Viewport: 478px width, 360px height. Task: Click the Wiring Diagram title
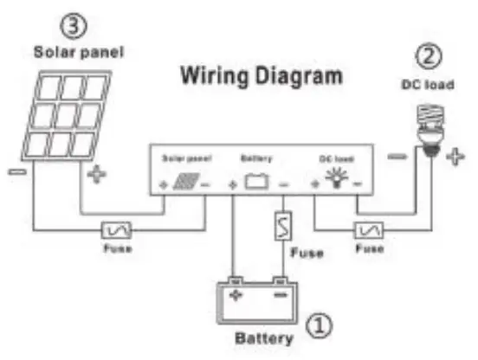pos(261,76)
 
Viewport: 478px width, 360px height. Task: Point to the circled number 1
pos(320,326)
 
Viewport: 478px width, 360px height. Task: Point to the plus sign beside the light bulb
pos(456,157)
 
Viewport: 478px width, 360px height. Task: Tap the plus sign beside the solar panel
pos(96,177)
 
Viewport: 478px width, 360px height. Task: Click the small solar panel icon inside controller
pos(183,182)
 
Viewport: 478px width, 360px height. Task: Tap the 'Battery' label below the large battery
pos(263,337)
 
